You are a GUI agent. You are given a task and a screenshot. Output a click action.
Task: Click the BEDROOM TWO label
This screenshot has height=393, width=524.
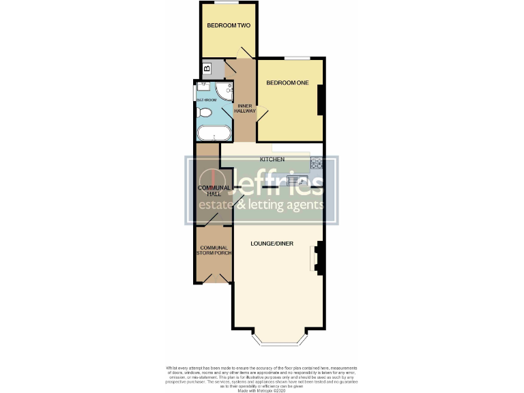[x=229, y=26]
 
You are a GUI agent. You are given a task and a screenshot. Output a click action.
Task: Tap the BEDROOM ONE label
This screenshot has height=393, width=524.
[x=287, y=83]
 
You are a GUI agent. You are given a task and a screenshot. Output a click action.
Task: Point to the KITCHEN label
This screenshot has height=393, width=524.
[x=272, y=160]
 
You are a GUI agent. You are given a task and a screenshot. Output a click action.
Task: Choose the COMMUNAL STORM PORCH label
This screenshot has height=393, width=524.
[x=213, y=250]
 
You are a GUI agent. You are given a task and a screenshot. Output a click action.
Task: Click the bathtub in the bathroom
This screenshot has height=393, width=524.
[x=214, y=132]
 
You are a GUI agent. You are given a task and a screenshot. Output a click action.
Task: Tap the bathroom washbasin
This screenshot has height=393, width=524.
[x=203, y=88]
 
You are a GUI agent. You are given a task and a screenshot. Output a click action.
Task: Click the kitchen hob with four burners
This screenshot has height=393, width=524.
[x=316, y=162]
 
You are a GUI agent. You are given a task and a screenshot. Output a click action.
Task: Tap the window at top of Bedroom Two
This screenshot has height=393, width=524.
[x=227, y=3]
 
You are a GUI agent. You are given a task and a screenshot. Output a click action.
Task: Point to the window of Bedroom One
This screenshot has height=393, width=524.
[x=297, y=57]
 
